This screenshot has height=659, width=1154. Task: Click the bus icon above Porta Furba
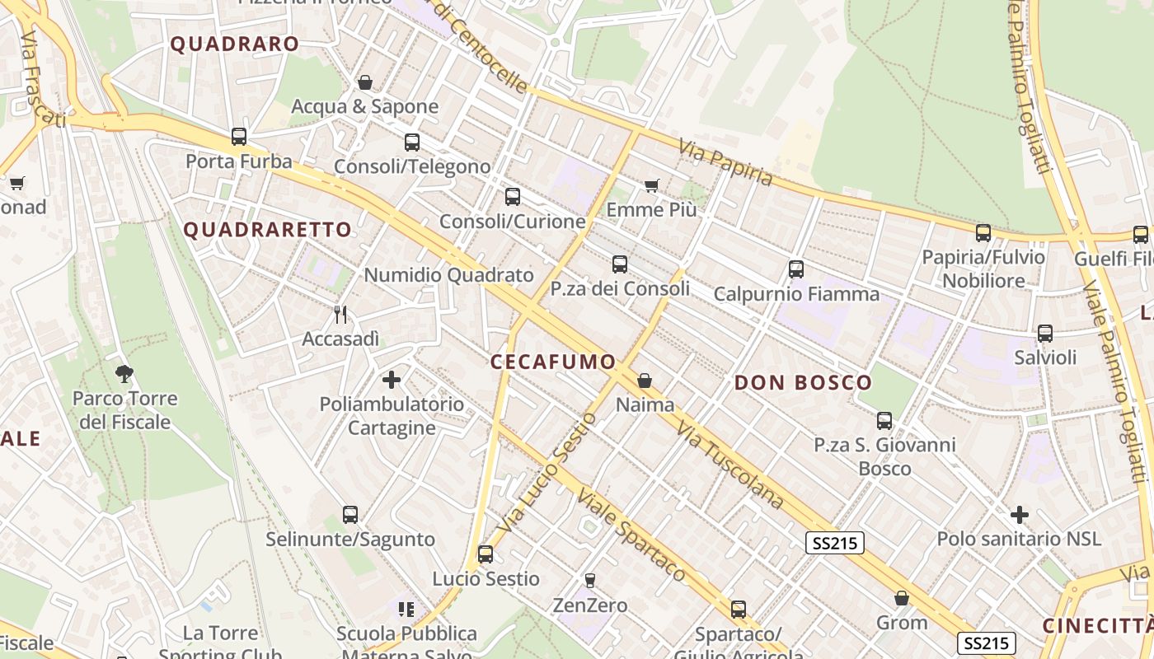coord(239,137)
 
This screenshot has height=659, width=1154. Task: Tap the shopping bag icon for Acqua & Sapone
coord(364,82)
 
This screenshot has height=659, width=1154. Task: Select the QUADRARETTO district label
coord(267,230)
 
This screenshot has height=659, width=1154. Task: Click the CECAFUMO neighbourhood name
coord(553,362)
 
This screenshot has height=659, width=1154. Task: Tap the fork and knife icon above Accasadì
coord(340,314)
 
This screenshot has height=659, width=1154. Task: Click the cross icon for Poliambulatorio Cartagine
coord(392,380)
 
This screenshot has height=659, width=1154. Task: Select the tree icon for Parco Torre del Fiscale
coord(124,374)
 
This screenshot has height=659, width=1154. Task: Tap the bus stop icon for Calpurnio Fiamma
coord(795,269)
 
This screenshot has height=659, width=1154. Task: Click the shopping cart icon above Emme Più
coord(651,185)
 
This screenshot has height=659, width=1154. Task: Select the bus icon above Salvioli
coord(1045,333)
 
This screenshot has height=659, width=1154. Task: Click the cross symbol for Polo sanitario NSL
coord(1020,515)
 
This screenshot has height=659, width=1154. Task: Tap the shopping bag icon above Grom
coord(902,598)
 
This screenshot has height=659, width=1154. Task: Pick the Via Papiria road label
coord(726,163)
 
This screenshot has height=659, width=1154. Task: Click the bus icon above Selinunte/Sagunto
coord(350,515)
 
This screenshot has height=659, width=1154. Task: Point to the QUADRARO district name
coord(234,44)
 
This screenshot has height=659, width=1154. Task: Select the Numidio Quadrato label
coord(448,275)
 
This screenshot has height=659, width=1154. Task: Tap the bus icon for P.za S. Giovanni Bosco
coord(884,421)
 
